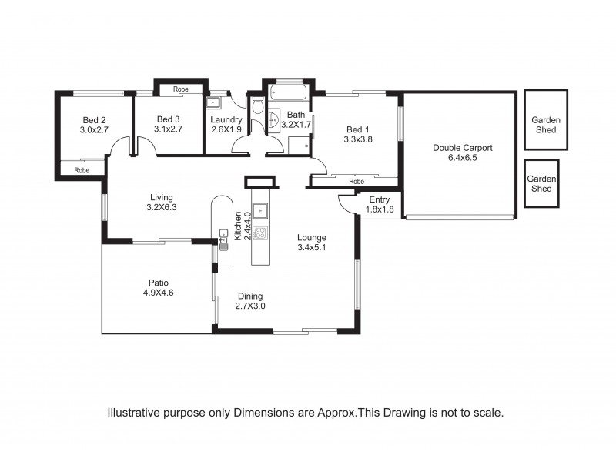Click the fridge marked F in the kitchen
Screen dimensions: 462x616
pyautogui.click(x=260, y=210)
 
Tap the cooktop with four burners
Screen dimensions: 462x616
pyautogui.click(x=260, y=232)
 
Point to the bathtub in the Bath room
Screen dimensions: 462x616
pyautogui.click(x=288, y=96)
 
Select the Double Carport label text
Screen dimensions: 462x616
pyautogui.click(x=462, y=148)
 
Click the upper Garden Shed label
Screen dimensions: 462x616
pyautogui.click(x=546, y=126)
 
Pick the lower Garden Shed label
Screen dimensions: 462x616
pyautogui.click(x=541, y=183)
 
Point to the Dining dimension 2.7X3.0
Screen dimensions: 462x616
pyautogui.click(x=250, y=306)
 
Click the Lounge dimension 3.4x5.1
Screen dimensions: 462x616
pyautogui.click(x=312, y=248)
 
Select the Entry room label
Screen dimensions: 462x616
pyautogui.click(x=379, y=199)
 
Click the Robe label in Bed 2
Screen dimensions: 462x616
pyautogui.click(x=81, y=169)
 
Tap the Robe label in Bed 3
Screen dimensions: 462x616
pyautogui.click(x=181, y=89)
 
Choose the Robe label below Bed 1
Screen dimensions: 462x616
pyautogui.click(x=356, y=182)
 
